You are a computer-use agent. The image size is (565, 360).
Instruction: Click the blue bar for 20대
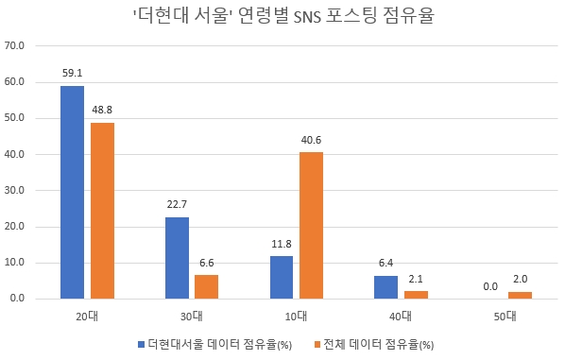click(x=72, y=192)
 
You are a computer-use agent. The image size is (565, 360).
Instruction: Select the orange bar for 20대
click(x=102, y=211)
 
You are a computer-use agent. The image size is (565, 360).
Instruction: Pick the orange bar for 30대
click(x=207, y=286)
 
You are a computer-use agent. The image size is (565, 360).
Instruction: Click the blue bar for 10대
click(x=281, y=277)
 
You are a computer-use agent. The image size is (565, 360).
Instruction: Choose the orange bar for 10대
click(x=311, y=225)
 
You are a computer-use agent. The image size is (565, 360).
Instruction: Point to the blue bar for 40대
click(x=385, y=287)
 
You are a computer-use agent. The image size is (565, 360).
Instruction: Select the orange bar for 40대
click(x=416, y=295)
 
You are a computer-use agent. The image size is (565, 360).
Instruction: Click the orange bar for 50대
click(x=521, y=295)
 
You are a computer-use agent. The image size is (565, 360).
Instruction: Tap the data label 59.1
click(x=72, y=72)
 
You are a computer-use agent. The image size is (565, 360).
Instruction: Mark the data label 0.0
click(x=490, y=284)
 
